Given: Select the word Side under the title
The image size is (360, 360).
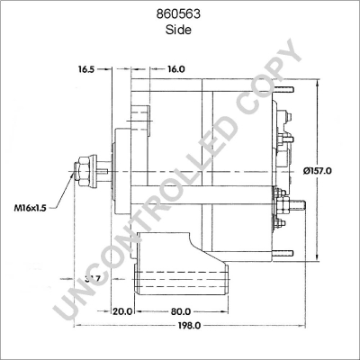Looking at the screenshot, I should click(x=179, y=30).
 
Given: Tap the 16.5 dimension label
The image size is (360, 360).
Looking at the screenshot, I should click(x=86, y=68).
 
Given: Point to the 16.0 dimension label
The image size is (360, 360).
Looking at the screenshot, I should click(x=175, y=68).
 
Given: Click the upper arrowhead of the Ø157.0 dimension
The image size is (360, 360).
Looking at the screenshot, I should click(x=319, y=83).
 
